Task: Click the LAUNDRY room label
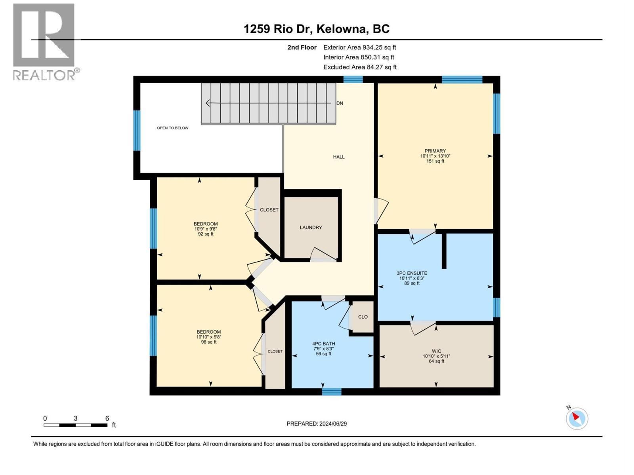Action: pyautogui.click(x=311, y=228)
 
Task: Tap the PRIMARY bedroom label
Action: pyautogui.click(x=435, y=151)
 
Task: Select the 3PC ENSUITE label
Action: pyautogui.click(x=412, y=273)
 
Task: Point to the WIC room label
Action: pyautogui.click(x=436, y=351)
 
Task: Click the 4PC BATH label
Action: pyautogui.click(x=323, y=344)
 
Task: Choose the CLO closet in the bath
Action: pyautogui.click(x=363, y=317)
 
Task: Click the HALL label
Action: pyautogui.click(x=338, y=157)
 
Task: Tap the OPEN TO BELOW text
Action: pyautogui.click(x=172, y=128)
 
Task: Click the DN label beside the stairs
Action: pyautogui.click(x=340, y=103)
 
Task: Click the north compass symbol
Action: pyautogui.click(x=577, y=418)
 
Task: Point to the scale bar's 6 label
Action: pyautogui.click(x=107, y=418)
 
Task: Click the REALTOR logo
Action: pyautogui.click(x=44, y=42)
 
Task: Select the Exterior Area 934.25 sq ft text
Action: pyautogui.click(x=359, y=47)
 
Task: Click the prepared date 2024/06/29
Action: pyautogui.click(x=317, y=424)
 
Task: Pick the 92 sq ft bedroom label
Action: pyautogui.click(x=206, y=229)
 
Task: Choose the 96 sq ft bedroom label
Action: pyautogui.click(x=208, y=337)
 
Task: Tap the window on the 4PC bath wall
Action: pyautogui.click(x=331, y=392)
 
